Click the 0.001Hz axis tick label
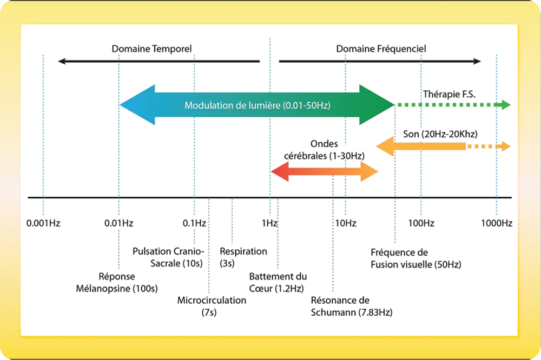point(43,223)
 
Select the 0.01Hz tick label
point(118,223)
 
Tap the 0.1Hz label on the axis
point(194,223)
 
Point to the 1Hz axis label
point(269,223)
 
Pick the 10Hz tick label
point(346,223)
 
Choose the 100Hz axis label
point(421,223)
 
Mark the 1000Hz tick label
point(497,223)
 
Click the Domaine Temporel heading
point(151,49)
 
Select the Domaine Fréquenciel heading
point(381,49)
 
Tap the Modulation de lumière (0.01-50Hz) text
point(258,105)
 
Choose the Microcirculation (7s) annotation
point(212,306)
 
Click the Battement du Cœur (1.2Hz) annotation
point(278,282)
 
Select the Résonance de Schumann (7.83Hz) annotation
point(352,306)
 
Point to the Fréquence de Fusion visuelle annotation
point(415,258)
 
